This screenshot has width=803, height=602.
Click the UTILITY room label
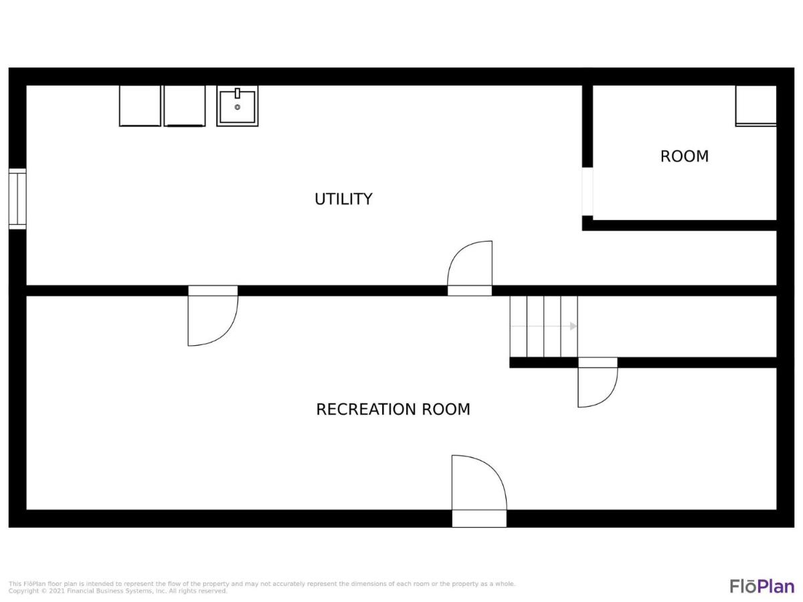click(343, 199)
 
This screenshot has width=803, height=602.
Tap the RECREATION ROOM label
click(393, 409)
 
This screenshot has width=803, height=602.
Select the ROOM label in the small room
click(684, 157)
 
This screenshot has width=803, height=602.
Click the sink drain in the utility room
click(238, 107)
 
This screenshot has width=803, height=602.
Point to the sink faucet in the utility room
click(238, 93)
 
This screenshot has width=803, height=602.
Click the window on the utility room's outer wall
click(17, 199)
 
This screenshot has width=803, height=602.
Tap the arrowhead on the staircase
click(573, 326)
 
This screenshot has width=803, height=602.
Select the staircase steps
click(543, 326)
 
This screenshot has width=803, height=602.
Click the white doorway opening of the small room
click(588, 191)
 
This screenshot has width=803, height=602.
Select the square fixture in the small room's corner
click(755, 106)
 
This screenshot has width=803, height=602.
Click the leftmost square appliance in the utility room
click(140, 106)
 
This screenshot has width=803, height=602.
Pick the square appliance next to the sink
click(185, 106)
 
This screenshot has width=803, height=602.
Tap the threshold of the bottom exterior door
click(479, 518)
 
